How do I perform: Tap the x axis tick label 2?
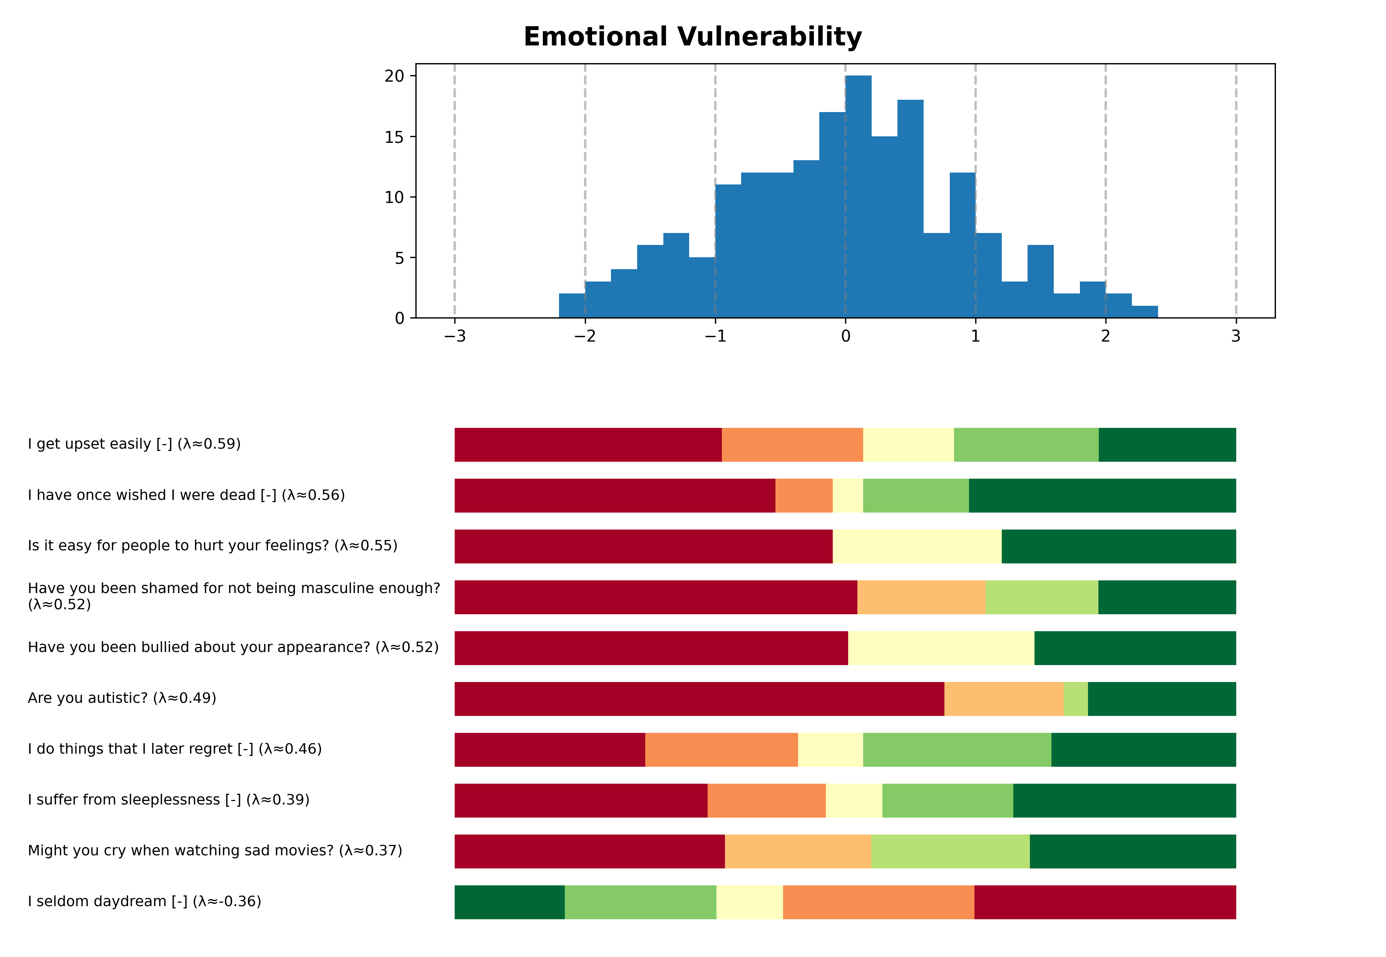coord(1105,336)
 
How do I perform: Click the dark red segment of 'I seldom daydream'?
coord(1105,902)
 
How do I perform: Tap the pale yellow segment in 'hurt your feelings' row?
coord(917,546)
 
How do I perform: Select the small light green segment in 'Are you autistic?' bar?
coord(1075,699)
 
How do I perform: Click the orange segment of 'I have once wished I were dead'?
coord(804,496)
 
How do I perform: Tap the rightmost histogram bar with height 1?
coord(1144,312)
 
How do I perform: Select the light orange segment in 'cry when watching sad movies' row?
coord(798,851)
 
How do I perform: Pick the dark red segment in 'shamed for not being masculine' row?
coord(656,597)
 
